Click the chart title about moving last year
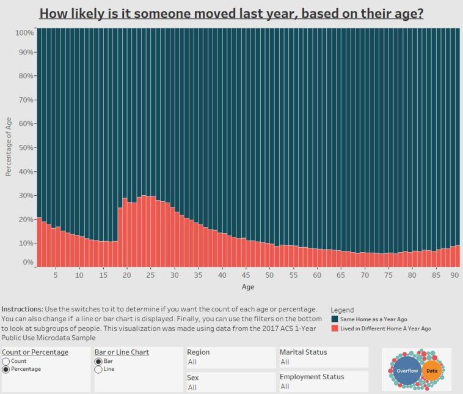coord(231,13)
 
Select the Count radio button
coord(6,362)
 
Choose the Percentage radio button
coord(6,370)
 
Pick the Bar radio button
coord(98,362)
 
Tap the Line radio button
coord(98,370)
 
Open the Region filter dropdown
coord(230,362)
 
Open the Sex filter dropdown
coord(230,387)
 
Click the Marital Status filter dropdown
coord(323,362)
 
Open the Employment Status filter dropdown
coord(323,387)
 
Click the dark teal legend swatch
coord(334,319)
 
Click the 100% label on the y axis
coord(22,32)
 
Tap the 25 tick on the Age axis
coord(151,275)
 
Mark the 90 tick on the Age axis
coord(455,275)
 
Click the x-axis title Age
coord(247,286)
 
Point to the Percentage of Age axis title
coord(9,147)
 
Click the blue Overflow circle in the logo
coord(407,371)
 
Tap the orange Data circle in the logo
coord(431,371)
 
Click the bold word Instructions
coord(22,310)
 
